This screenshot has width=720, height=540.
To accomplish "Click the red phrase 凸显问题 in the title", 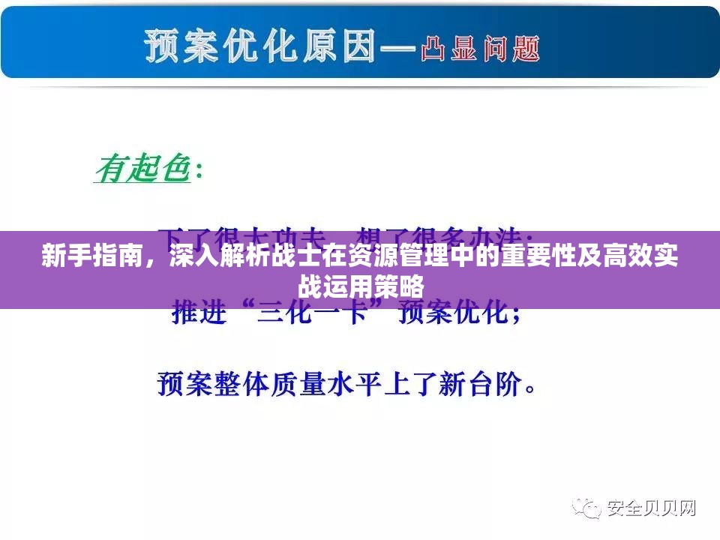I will coord(480,49).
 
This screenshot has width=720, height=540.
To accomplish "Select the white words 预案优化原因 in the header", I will coord(259,46).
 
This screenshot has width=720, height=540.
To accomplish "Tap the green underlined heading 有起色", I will coord(142,168).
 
